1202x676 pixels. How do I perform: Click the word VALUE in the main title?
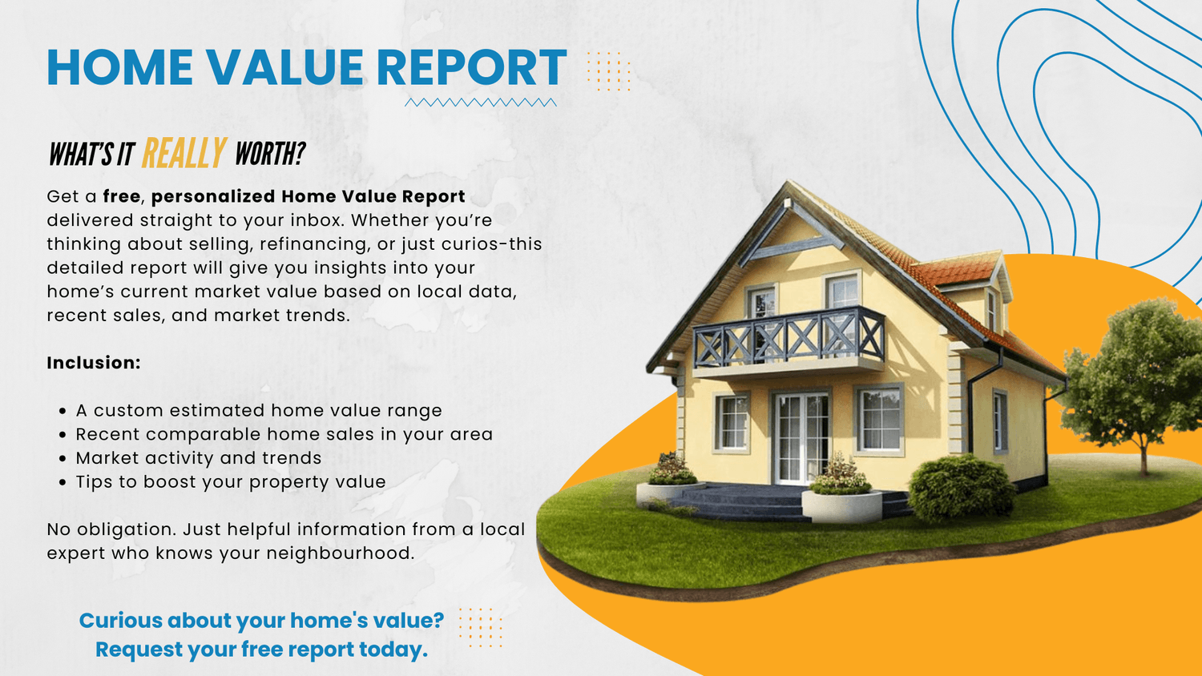click(x=285, y=67)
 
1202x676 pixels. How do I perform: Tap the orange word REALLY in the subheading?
click(x=184, y=154)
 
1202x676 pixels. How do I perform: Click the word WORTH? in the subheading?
click(x=270, y=154)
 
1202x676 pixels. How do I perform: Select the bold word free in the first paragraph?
click(x=122, y=196)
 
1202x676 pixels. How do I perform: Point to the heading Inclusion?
click(x=94, y=363)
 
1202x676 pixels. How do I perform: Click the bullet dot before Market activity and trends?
click(x=63, y=459)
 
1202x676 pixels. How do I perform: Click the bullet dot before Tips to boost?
click(x=63, y=482)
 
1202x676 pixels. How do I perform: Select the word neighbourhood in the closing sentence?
click(x=341, y=553)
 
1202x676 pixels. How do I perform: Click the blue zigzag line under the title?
click(x=480, y=103)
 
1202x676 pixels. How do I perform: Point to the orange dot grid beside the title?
click(x=608, y=71)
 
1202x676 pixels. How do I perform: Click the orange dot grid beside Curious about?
click(x=480, y=627)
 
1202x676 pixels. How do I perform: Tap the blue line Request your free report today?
click(x=261, y=650)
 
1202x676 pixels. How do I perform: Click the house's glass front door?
click(x=801, y=437)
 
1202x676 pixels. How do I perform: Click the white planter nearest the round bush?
click(x=841, y=506)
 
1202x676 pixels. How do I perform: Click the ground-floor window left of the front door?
click(x=731, y=422)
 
